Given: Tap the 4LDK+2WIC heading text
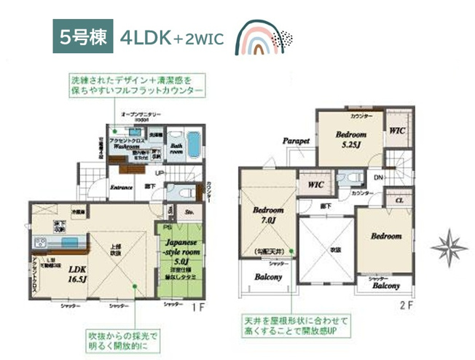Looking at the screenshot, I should pos(173,39).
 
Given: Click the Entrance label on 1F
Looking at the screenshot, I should pos(122,187).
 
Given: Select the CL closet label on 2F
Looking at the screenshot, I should pos(399,200).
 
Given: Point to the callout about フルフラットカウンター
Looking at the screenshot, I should pos(137,85).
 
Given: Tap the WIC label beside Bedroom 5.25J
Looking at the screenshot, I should pos(397,132).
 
